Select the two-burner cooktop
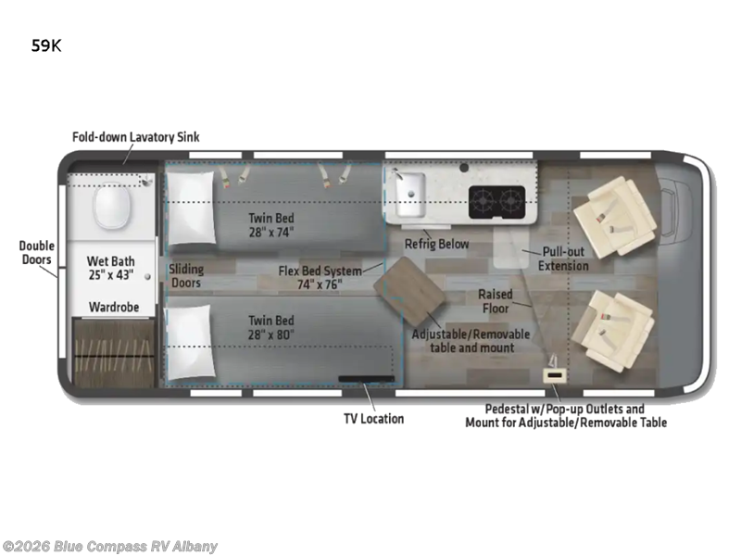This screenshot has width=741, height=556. pyautogui.click(x=496, y=200)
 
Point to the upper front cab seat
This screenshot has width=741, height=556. pyautogui.click(x=610, y=216)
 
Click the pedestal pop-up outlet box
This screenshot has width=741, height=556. pyautogui.click(x=555, y=374)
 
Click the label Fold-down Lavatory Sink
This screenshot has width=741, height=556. pyautogui.click(x=136, y=137)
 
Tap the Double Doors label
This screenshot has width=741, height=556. pyautogui.click(x=37, y=253)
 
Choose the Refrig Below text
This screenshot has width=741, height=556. pyautogui.click(x=436, y=244)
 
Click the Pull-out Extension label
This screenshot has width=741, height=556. pyautogui.click(x=564, y=259)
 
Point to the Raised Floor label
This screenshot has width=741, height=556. pyautogui.click(x=496, y=301)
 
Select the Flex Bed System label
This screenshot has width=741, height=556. pyautogui.click(x=320, y=278)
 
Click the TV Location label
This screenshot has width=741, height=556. pyautogui.click(x=373, y=418)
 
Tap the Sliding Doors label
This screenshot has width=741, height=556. pyautogui.click(x=186, y=275)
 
